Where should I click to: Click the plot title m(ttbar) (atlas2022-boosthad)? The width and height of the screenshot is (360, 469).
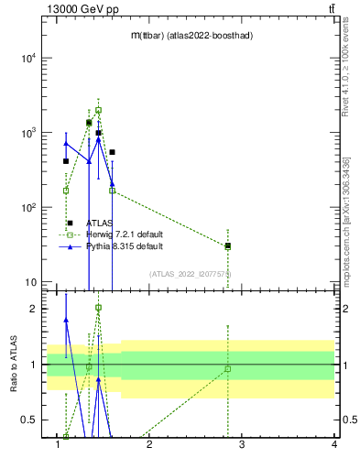coord(191,35)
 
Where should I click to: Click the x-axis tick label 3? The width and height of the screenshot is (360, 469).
coord(243,446)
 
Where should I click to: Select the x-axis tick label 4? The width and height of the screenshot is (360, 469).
coord(334,446)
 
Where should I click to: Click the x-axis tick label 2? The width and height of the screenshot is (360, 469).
coord(150,446)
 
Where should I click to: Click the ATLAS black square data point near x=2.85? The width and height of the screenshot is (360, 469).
coord(228,245)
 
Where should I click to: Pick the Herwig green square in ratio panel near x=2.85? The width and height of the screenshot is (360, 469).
coord(228,369)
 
